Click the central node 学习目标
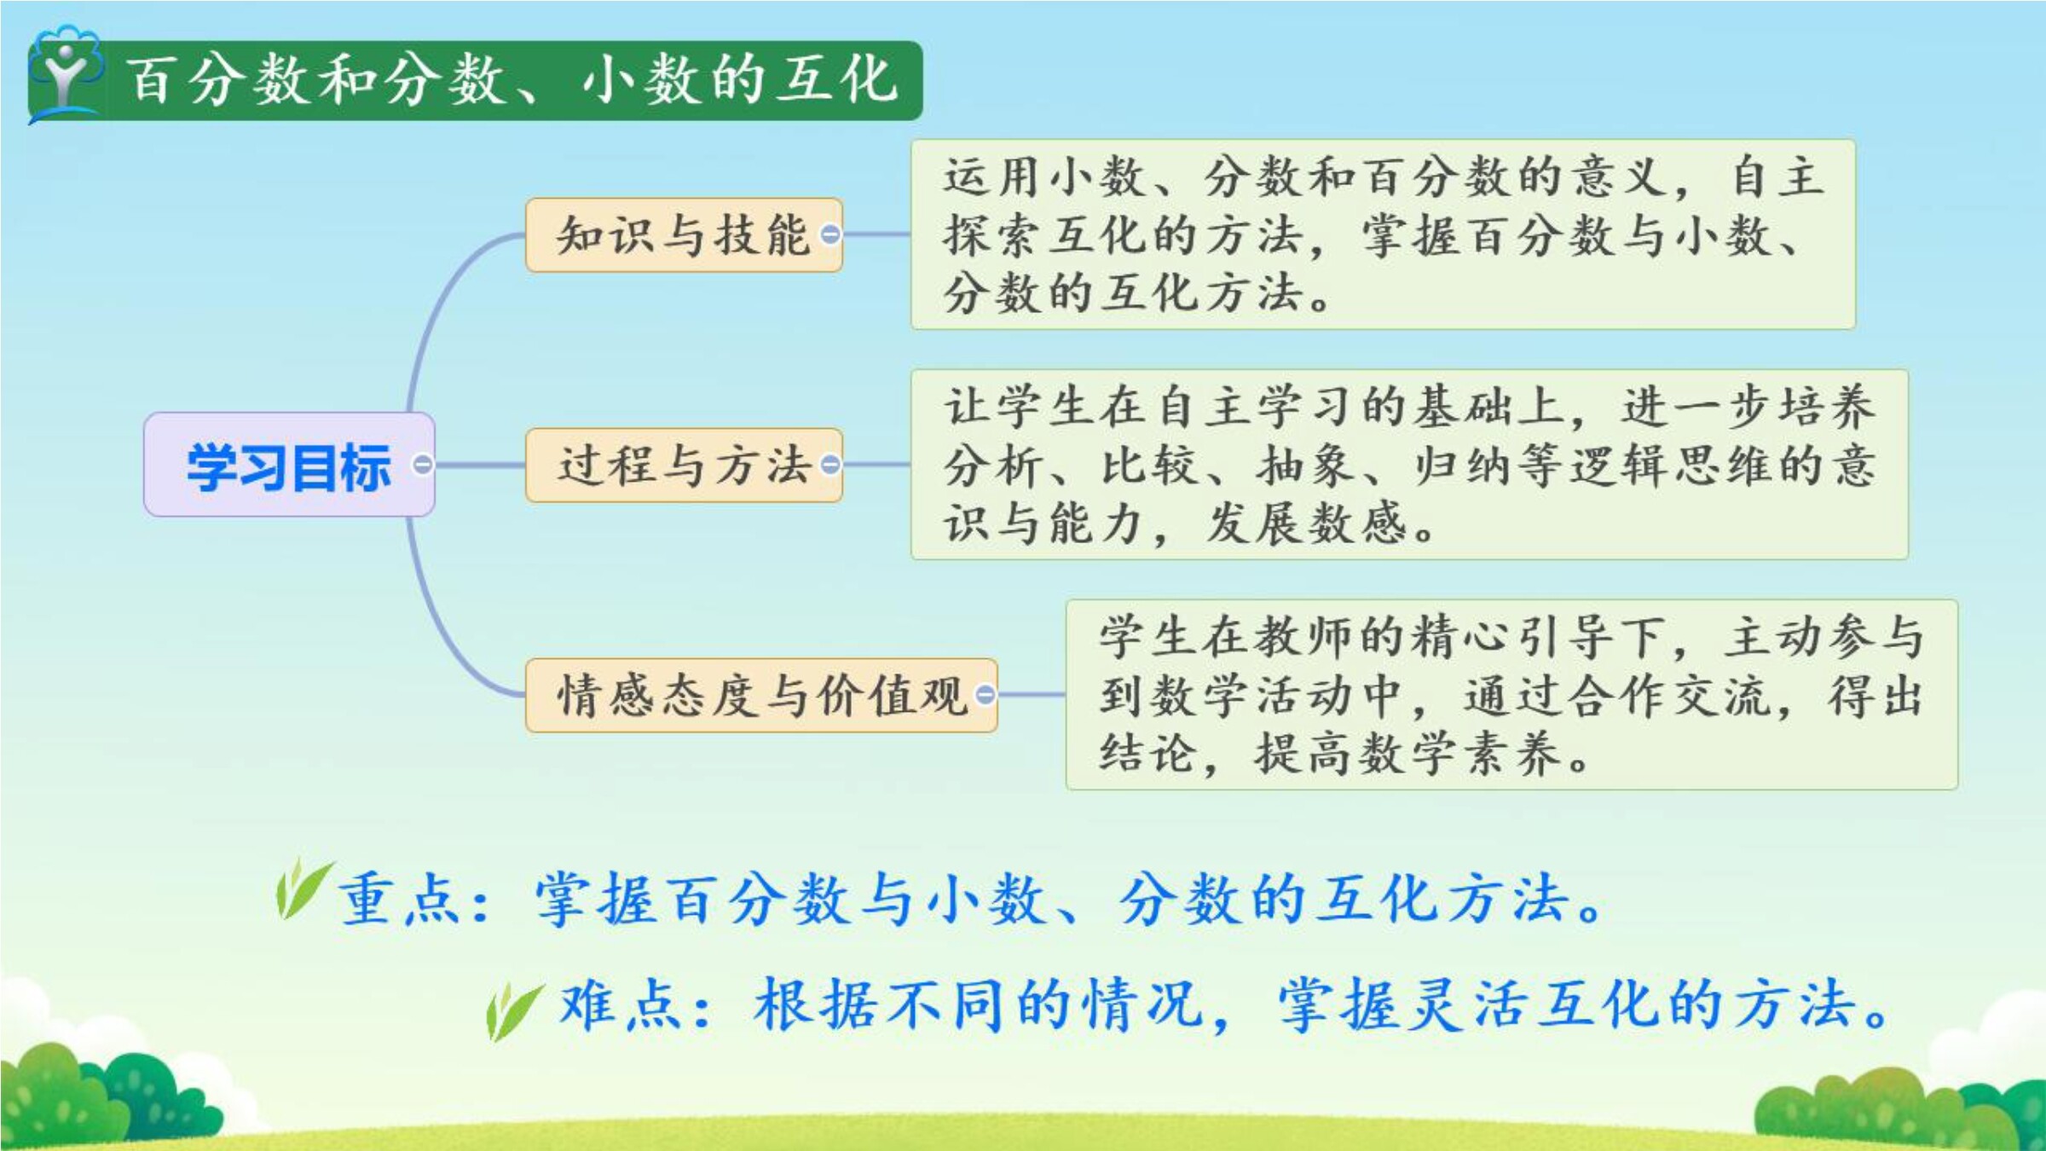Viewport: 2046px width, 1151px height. click(289, 465)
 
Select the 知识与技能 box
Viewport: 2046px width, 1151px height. click(684, 234)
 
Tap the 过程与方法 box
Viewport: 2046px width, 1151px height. click(684, 465)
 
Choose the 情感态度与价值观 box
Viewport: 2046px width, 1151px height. click(761, 695)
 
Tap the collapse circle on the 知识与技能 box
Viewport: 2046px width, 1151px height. click(829, 234)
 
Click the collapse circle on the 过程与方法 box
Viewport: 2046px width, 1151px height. click(829, 465)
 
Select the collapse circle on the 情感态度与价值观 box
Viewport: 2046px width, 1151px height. click(985, 695)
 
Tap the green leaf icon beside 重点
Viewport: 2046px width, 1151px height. click(303, 888)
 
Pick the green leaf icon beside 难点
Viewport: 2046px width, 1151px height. click(514, 1010)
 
